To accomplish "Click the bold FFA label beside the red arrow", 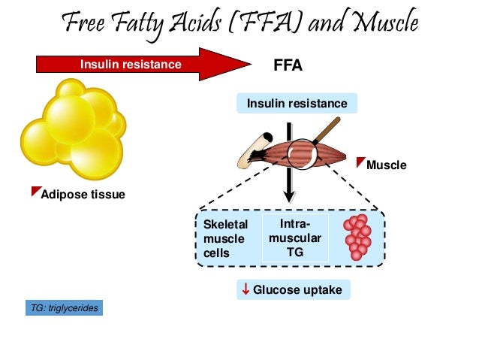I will coord(288,65).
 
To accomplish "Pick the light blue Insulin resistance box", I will coord(297,103).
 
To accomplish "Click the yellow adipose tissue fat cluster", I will coord(71,132).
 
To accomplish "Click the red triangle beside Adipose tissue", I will coord(36,192).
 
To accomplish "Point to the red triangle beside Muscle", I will coord(360,161).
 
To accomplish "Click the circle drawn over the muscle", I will coord(303,154).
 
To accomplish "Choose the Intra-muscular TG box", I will coord(295,238).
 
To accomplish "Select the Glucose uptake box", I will coord(294,289).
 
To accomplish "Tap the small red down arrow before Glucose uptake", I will coord(245,289).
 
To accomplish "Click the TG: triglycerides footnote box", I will coord(63,308).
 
